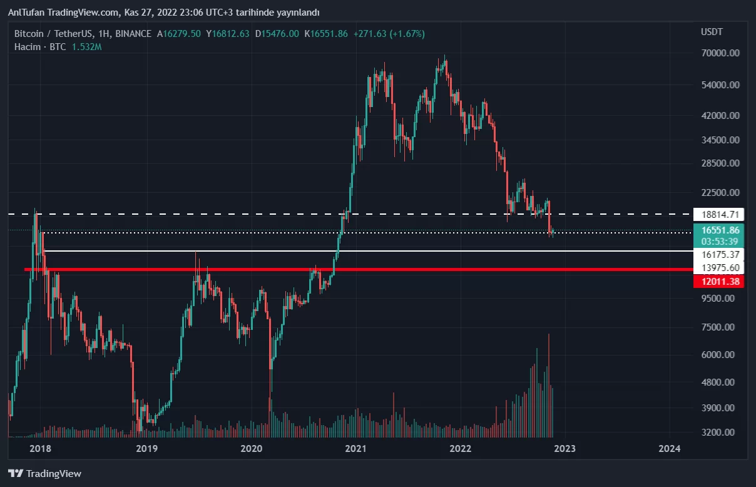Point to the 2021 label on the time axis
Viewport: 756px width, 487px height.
[355, 448]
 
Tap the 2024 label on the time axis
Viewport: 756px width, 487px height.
[670, 448]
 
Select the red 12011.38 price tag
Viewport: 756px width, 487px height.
[718, 282]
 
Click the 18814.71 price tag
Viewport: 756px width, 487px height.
[718, 214]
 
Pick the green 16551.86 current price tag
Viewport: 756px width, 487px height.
[718, 230]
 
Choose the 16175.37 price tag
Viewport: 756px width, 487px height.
[718, 255]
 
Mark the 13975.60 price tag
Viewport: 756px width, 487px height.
[718, 269]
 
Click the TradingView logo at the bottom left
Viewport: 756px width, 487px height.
[45, 474]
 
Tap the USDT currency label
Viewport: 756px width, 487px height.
[712, 32]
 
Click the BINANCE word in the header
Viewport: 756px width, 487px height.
[133, 34]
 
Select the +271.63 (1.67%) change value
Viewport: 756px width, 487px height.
[389, 34]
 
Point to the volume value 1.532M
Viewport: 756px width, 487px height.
[86, 47]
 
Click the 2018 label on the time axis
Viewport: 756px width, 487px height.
[40, 448]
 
